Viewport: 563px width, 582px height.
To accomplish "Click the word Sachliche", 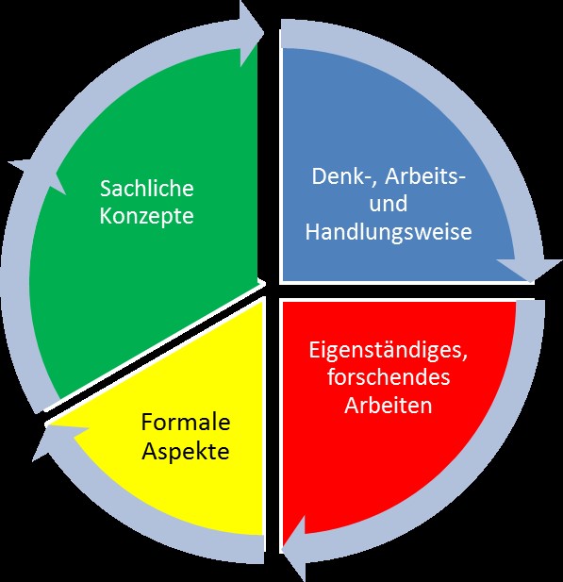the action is (x=147, y=188).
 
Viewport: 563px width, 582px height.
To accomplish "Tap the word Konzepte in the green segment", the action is (x=146, y=216).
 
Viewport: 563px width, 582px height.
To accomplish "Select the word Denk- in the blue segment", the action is (x=343, y=176).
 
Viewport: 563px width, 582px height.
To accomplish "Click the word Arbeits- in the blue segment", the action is (x=425, y=176).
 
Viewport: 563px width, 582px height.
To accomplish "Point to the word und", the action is (x=389, y=204).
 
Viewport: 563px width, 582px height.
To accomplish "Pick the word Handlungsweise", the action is (x=389, y=232).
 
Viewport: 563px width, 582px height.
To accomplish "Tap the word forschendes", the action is (x=389, y=376).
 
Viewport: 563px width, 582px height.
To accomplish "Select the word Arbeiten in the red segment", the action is (x=389, y=405).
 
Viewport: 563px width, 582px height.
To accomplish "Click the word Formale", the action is (x=186, y=423).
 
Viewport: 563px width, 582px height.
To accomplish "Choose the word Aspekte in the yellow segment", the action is (x=186, y=451).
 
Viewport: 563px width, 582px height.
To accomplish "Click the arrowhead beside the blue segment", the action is (x=529, y=269).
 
